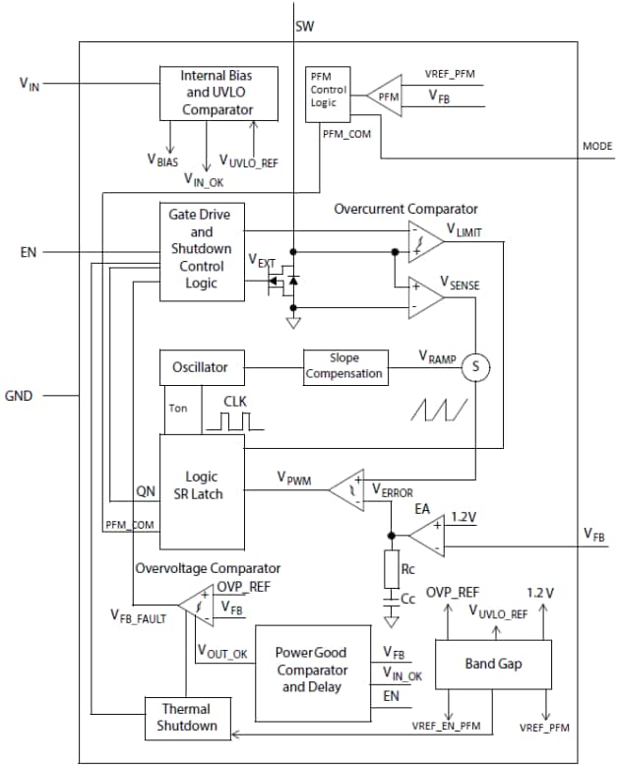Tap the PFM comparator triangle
(387, 96)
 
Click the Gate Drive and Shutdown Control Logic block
(200, 251)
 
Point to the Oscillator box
(200, 367)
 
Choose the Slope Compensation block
(343, 367)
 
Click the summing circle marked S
(476, 365)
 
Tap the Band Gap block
(493, 664)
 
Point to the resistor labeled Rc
(392, 569)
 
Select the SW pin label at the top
(305, 26)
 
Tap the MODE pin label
(596, 146)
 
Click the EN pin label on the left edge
(29, 253)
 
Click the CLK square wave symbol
(234, 420)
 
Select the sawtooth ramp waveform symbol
(437, 410)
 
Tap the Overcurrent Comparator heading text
(405, 209)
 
